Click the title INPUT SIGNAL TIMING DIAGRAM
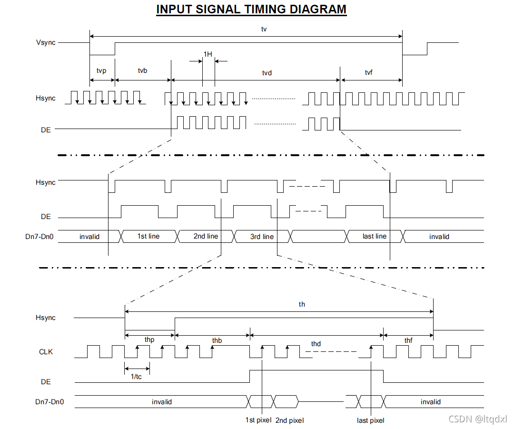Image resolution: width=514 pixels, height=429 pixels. pyautogui.click(x=251, y=10)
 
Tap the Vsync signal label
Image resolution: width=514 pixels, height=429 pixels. pyautogui.click(x=46, y=42)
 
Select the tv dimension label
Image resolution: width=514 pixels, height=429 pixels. pyautogui.click(x=264, y=29)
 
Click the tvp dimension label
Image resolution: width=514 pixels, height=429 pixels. pyautogui.click(x=101, y=70)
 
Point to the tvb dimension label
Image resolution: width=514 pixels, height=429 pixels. pyautogui.click(x=142, y=70)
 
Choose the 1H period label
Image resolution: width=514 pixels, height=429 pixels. pyautogui.click(x=208, y=54)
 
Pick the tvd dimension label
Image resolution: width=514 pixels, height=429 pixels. pyautogui.click(x=267, y=73)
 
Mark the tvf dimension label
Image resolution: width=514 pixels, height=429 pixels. pyautogui.click(x=369, y=72)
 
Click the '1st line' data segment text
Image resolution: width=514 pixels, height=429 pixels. pyautogui.click(x=148, y=236)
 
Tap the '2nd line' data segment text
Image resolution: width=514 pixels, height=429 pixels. pyautogui.click(x=206, y=236)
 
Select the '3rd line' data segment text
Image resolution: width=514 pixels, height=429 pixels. pyautogui.click(x=262, y=237)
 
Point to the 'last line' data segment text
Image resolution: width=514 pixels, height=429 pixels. pyautogui.click(x=375, y=236)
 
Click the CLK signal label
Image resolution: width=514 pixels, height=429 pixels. pyautogui.click(x=47, y=352)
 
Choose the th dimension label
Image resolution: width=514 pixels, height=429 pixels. pyautogui.click(x=302, y=304)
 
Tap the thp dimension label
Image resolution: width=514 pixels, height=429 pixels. pyautogui.click(x=149, y=340)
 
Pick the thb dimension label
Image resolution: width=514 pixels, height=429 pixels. pyautogui.click(x=217, y=340)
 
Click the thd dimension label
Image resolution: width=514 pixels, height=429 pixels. pyautogui.click(x=316, y=343)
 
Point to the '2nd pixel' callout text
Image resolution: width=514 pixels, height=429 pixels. pyautogui.click(x=289, y=420)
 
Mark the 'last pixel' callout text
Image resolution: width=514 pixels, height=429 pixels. pyautogui.click(x=370, y=420)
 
